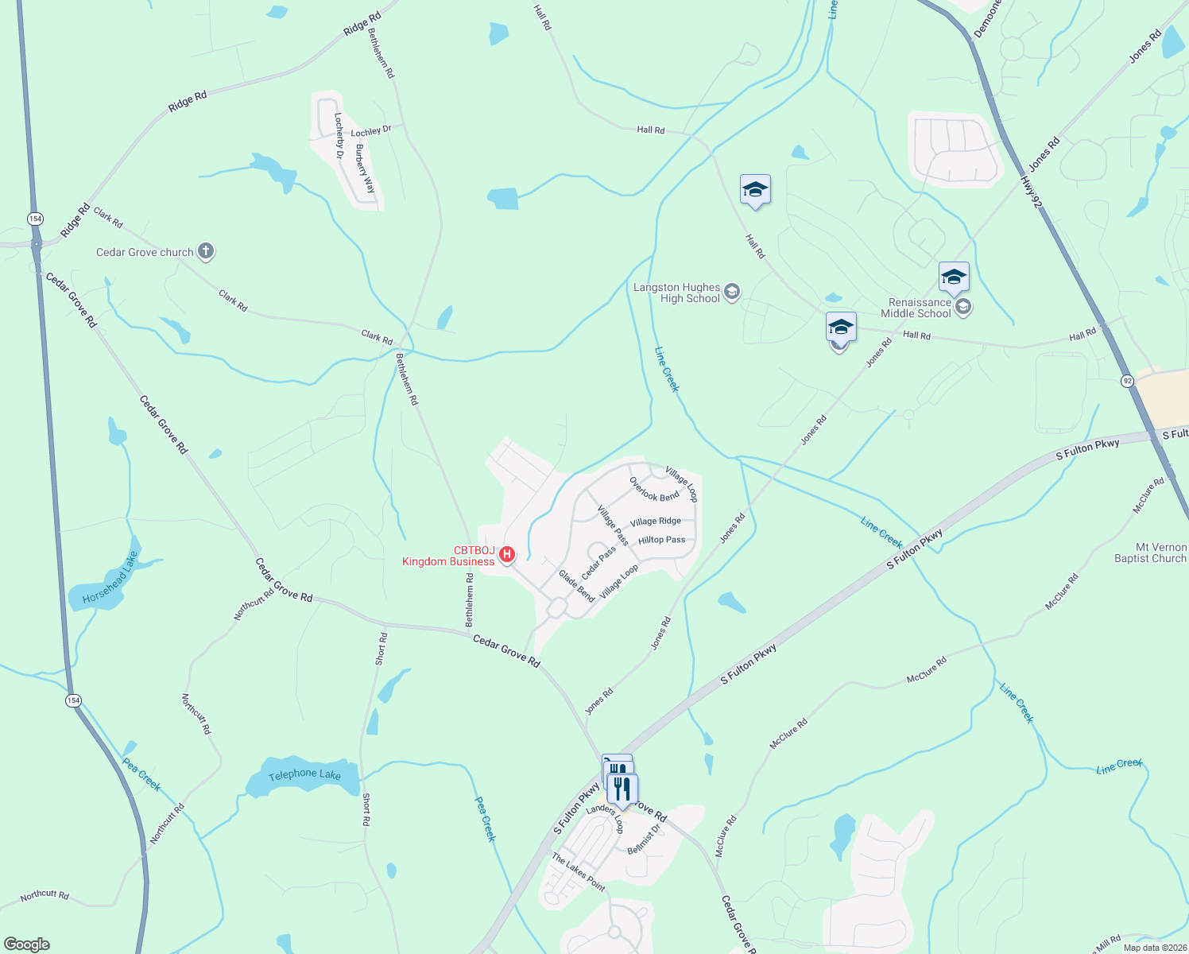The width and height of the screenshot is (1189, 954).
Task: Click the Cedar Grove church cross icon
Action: click(206, 252)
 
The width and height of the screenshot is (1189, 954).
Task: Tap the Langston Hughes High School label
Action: click(677, 293)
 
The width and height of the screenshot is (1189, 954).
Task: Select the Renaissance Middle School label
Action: click(920, 308)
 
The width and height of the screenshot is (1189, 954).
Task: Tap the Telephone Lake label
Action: click(304, 774)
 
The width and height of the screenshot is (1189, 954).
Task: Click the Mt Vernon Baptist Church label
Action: click(1150, 553)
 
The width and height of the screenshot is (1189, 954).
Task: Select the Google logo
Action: click(27, 944)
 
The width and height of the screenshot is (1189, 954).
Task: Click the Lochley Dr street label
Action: click(371, 131)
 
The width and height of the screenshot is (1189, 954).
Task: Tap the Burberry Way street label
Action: click(366, 169)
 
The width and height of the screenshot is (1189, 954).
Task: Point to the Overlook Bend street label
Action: click(654, 489)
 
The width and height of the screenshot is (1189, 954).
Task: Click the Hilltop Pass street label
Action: click(661, 540)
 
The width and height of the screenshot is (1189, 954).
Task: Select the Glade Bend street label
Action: click(576, 586)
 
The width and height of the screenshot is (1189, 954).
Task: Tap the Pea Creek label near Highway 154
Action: click(141, 774)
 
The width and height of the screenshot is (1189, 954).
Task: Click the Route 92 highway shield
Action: click(1128, 382)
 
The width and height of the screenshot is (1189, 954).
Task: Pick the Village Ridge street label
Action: click(656, 522)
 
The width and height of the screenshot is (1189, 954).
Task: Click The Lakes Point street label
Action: click(579, 872)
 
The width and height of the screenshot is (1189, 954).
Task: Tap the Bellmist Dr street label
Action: click(644, 840)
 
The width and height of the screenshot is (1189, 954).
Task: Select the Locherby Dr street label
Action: click(339, 135)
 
